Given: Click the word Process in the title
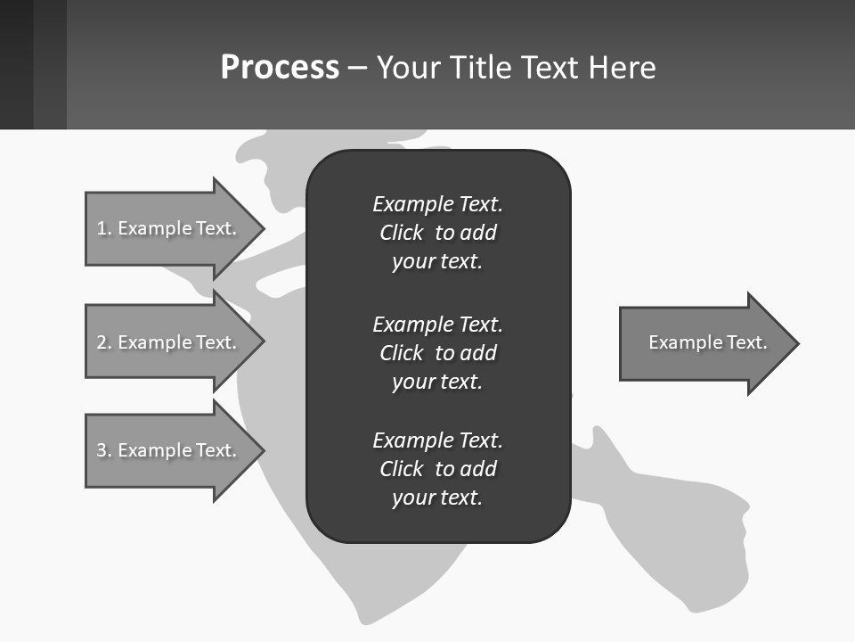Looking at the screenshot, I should pyautogui.click(x=280, y=68).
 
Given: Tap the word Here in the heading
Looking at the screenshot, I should pyautogui.click(x=623, y=68).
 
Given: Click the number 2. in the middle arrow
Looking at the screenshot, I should pyautogui.click(x=103, y=342).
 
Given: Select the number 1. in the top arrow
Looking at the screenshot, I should pyautogui.click(x=103, y=228).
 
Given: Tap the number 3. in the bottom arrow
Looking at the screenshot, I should pyautogui.click(x=103, y=450).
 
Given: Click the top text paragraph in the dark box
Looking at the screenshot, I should pyautogui.click(x=437, y=233).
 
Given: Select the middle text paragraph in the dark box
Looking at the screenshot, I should pyautogui.click(x=437, y=353).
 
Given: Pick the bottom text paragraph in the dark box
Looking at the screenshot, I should pyautogui.click(x=437, y=469).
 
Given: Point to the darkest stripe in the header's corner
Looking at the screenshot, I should pyautogui.click(x=16, y=64).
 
